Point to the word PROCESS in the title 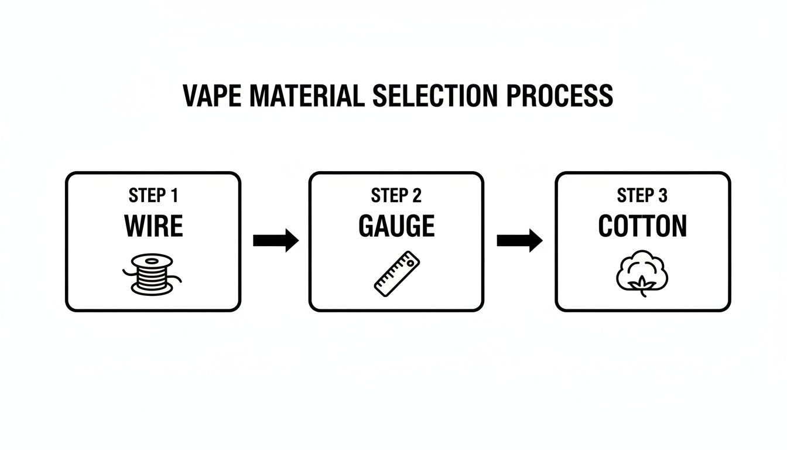click(559, 96)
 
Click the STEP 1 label click(153, 196)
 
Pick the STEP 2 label click(396, 196)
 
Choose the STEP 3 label click(642, 196)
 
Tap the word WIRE click(153, 226)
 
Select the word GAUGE click(396, 226)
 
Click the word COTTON click(642, 226)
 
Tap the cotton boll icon click(642, 272)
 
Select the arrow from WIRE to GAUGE click(276, 240)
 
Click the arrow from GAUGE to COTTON click(519, 240)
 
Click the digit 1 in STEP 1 click(174, 196)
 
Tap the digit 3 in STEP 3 click(662, 196)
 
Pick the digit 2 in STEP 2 click(417, 196)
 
